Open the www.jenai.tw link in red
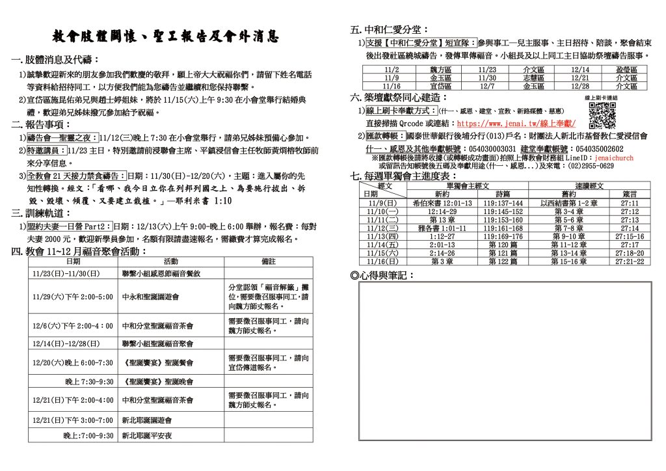[x=516, y=123]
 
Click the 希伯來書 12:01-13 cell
[x=442, y=203]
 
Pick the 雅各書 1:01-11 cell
[x=442, y=228]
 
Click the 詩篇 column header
[x=503, y=194]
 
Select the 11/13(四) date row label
[x=382, y=237]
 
